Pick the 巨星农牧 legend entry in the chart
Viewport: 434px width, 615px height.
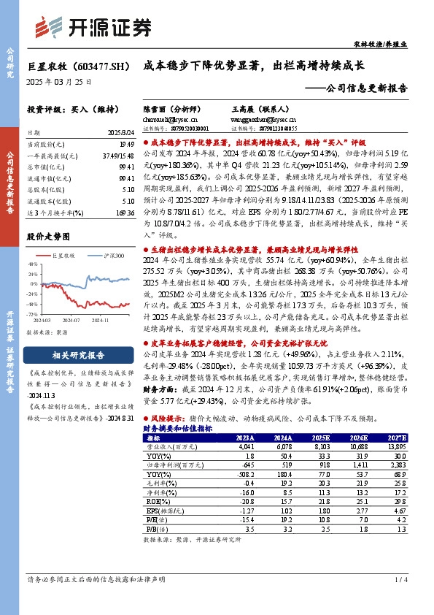pos(65,255)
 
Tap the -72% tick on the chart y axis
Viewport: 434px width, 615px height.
pos(34,313)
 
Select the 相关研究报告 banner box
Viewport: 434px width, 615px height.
pos(79,355)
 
